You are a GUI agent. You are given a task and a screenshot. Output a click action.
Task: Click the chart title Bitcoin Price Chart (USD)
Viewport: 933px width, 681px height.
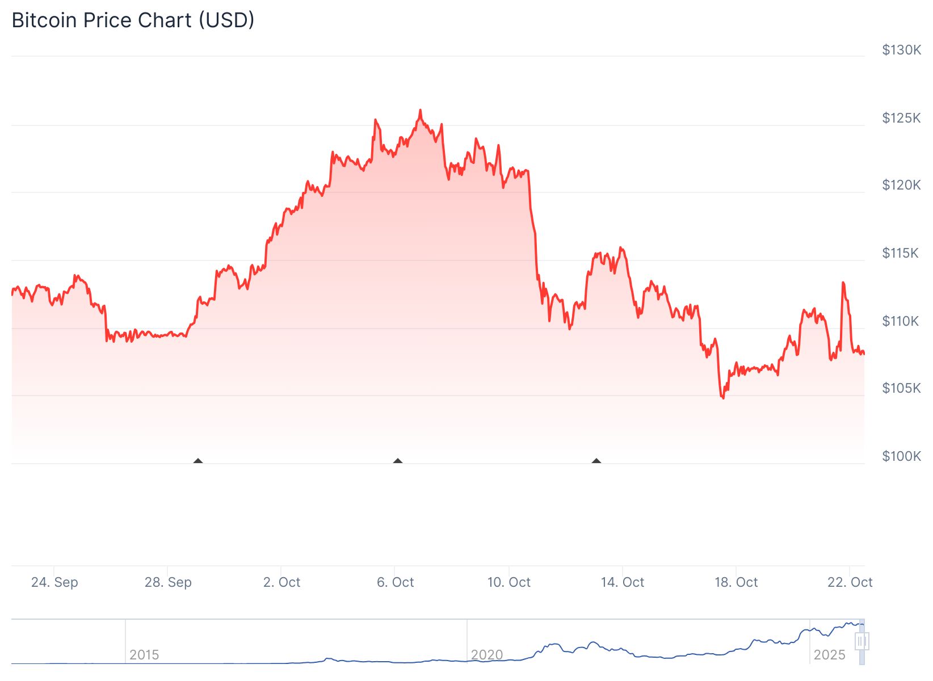click(133, 20)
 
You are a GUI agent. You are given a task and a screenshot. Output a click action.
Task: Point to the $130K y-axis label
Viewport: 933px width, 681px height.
click(901, 50)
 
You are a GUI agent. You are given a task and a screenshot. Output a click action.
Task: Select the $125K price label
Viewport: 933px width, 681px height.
click(901, 118)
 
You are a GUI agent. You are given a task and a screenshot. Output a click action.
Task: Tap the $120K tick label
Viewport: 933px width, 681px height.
click(901, 185)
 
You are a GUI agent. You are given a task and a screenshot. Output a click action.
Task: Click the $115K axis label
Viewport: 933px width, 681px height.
click(900, 253)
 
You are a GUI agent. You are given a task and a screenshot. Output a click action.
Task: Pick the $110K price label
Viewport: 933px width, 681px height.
click(900, 321)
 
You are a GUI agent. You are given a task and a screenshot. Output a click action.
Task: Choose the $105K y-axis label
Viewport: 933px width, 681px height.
click(901, 388)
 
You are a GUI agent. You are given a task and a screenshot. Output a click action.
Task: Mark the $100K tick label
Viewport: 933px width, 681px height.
click(901, 456)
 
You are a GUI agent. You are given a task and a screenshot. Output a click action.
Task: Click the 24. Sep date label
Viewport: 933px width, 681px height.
click(54, 582)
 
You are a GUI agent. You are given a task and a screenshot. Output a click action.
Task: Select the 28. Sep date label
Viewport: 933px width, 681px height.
click(168, 582)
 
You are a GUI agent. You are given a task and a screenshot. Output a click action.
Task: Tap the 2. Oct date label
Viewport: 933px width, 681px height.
click(281, 582)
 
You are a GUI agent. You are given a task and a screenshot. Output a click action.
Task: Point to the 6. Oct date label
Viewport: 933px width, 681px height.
click(395, 582)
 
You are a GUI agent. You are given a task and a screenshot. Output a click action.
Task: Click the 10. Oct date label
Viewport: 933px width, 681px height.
click(508, 582)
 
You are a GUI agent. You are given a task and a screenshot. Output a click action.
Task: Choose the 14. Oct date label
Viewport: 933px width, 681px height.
click(623, 582)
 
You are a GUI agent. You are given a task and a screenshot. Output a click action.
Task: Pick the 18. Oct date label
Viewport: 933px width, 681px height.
click(736, 582)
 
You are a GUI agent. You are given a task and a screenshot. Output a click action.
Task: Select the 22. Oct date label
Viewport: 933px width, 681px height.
click(850, 582)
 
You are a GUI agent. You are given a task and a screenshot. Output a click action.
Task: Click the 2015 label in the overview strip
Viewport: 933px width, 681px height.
click(144, 655)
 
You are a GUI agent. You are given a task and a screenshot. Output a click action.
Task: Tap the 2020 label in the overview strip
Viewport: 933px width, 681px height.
click(487, 655)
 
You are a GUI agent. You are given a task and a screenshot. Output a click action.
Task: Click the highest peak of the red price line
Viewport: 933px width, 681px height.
click(420, 110)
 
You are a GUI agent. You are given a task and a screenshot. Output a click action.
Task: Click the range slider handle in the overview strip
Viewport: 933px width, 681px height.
click(861, 642)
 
